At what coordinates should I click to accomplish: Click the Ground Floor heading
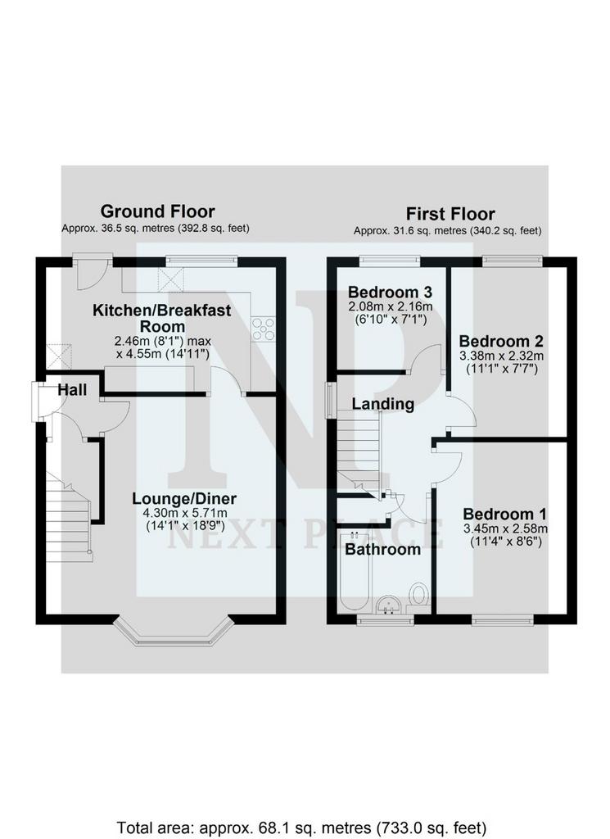(158, 211)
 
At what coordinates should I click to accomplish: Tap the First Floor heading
(450, 214)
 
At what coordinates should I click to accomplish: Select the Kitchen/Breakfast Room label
(162, 318)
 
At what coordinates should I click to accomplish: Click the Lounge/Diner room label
(184, 499)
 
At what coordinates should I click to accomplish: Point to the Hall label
(72, 389)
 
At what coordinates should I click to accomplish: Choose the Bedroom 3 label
(391, 293)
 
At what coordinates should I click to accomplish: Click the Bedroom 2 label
(501, 341)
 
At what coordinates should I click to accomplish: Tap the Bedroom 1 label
(505, 515)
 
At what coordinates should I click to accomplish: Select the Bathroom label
(383, 550)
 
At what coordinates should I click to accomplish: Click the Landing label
(383, 403)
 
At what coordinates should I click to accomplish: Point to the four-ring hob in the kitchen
(263, 328)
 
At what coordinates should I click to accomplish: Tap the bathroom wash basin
(389, 605)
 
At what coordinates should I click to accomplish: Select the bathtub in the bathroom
(354, 570)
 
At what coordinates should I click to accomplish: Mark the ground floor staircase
(69, 516)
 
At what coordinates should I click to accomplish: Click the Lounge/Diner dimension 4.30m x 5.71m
(185, 513)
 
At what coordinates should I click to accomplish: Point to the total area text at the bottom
(301, 828)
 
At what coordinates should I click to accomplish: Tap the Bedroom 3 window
(389, 261)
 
